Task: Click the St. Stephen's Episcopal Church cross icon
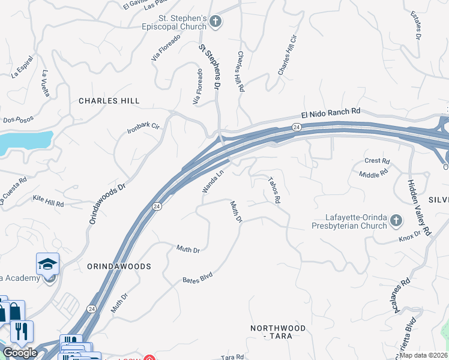click(216, 23)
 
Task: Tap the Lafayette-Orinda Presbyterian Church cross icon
click(396, 221)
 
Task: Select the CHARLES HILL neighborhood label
click(109, 101)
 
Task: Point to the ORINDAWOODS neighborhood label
click(119, 266)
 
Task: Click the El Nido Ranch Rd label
click(331, 113)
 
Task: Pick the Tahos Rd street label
click(274, 189)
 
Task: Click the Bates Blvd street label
click(197, 278)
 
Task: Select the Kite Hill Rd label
click(48, 201)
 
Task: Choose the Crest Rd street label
click(378, 161)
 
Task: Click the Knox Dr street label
click(411, 238)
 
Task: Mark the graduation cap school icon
click(47, 264)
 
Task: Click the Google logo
click(20, 353)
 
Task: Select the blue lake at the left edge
click(24, 143)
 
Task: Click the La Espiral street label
click(22, 73)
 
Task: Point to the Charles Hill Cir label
click(288, 55)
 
